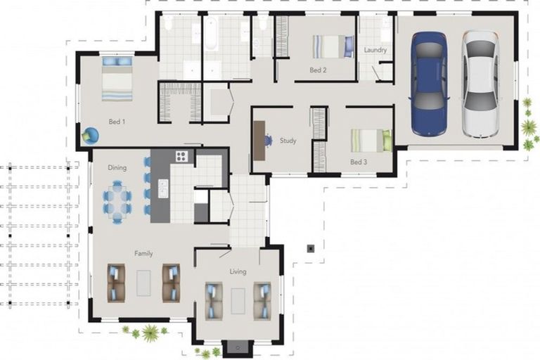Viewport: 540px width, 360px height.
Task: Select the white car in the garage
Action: point(480,84)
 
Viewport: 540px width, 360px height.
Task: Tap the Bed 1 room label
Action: point(117,122)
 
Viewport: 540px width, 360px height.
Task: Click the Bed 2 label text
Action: point(319,70)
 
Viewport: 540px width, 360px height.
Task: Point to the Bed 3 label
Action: point(359,162)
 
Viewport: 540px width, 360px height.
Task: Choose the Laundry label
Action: point(375,50)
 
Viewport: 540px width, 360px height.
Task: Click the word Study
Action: point(288,141)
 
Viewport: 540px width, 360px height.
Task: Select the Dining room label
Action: point(117,168)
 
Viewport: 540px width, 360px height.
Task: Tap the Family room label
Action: point(143,254)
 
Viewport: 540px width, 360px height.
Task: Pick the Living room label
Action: point(238,271)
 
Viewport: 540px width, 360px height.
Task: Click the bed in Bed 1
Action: point(117,79)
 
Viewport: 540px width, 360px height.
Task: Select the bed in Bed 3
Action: point(371,141)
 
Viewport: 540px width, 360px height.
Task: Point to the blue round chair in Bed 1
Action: point(90,136)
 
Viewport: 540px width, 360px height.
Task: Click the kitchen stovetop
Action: point(181,156)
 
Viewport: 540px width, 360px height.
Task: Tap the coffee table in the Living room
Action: point(238,300)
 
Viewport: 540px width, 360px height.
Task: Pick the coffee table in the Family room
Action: point(144,283)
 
